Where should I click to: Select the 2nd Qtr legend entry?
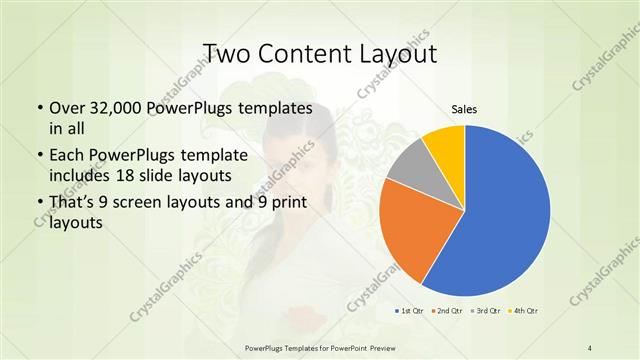(446, 312)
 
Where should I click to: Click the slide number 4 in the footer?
(590, 346)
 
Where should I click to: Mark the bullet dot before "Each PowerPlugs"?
(39, 156)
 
